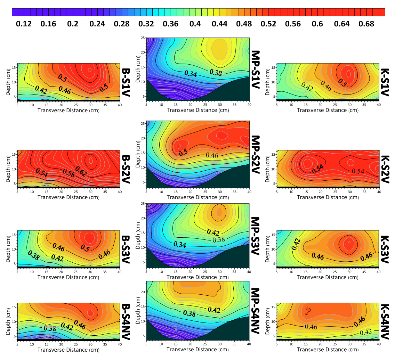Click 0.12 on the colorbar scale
coord(24,24)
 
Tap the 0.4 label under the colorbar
coord(195,24)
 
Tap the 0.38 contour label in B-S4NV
coord(50,328)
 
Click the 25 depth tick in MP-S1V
coord(143,38)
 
